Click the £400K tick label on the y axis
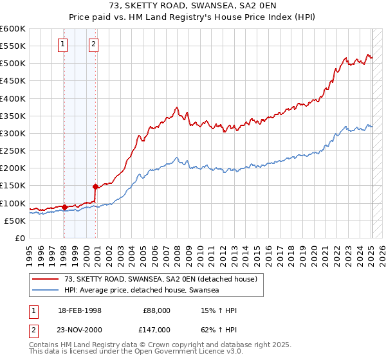pyautogui.click(x=13, y=98)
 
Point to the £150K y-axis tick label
pyautogui.click(x=13, y=186)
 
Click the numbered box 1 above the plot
pyautogui.click(x=63, y=44)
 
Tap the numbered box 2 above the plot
pyautogui.click(x=93, y=44)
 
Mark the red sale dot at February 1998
pyautogui.click(x=64, y=207)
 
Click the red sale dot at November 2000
pyautogui.click(x=96, y=186)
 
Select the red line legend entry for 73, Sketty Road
pyautogui.click(x=161, y=279)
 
